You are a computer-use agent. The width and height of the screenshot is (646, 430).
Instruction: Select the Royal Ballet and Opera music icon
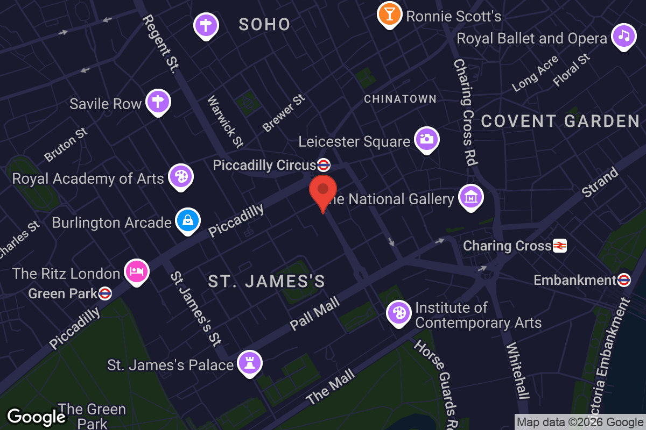(623, 35)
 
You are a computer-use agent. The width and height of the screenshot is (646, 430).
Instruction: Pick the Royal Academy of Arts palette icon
(181, 176)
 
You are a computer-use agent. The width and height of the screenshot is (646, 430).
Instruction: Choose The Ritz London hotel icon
(137, 271)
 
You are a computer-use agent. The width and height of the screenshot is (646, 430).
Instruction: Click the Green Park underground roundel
(106, 293)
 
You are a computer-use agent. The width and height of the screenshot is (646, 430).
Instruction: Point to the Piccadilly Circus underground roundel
(324, 164)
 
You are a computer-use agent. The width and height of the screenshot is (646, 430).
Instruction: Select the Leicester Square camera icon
(427, 139)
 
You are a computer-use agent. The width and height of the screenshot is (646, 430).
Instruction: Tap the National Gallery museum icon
(471, 197)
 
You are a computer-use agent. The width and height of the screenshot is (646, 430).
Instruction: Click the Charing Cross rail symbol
(560, 246)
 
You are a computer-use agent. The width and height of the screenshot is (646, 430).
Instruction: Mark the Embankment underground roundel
(624, 280)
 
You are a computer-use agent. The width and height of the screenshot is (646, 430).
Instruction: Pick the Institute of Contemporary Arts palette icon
(399, 312)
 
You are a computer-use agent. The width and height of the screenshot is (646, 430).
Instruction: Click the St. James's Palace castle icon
(249, 362)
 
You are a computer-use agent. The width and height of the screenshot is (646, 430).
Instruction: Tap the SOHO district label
(264, 24)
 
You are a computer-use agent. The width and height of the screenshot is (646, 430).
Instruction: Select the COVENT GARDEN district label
(560, 121)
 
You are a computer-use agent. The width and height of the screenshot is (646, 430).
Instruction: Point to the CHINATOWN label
(400, 99)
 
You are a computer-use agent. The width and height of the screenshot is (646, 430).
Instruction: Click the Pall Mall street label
(315, 314)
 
